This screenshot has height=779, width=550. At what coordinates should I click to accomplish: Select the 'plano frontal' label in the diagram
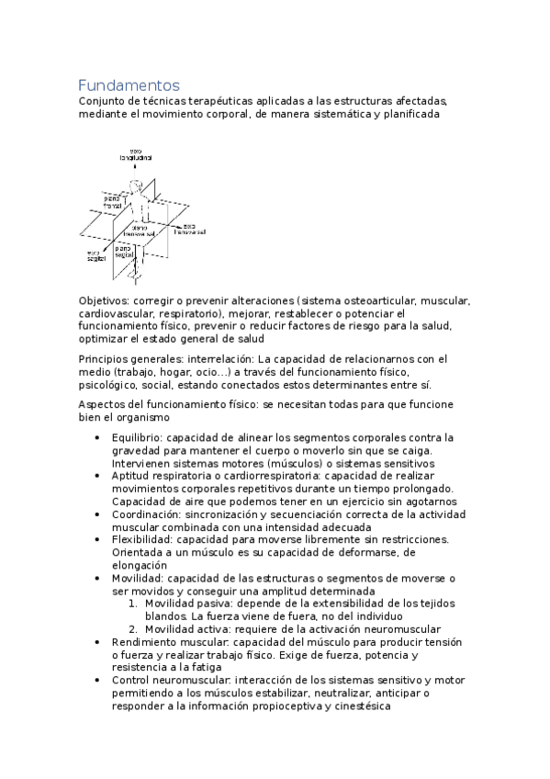112,199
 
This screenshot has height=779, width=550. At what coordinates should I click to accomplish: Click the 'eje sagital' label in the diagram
95,256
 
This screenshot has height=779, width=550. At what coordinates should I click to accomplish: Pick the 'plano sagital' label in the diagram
127,250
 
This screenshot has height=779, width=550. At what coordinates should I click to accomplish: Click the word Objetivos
104,300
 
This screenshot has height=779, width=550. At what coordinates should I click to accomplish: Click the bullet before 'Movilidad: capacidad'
97,579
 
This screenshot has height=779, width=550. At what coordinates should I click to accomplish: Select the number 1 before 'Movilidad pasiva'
132,604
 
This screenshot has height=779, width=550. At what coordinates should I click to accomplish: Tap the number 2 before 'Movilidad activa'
132,629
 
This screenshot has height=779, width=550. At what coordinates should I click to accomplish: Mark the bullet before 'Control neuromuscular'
97,681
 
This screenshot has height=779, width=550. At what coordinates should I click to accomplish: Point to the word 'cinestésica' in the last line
360,706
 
